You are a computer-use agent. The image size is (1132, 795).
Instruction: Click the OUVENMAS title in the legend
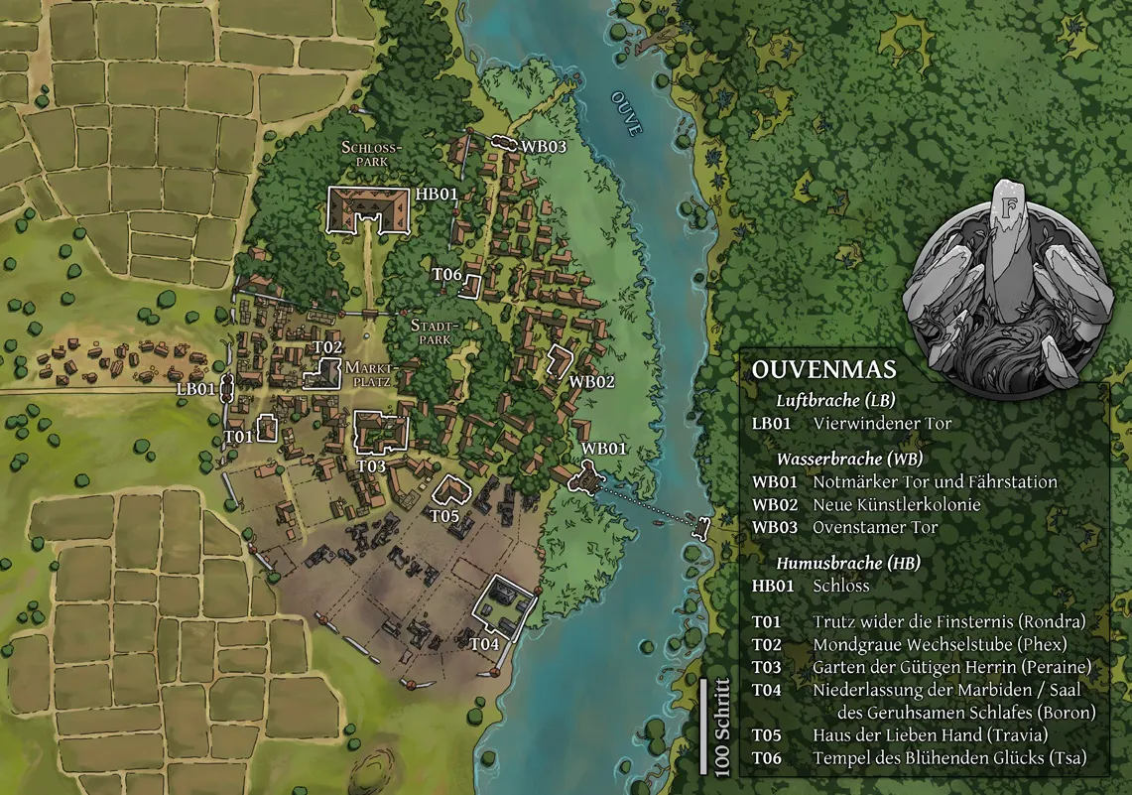point(823,369)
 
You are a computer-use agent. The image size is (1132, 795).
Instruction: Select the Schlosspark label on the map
point(370,152)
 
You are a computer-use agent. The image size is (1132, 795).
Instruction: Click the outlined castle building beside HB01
point(368,208)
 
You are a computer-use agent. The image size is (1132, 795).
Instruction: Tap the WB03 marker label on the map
point(544,146)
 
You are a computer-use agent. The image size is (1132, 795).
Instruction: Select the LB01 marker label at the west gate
point(197,389)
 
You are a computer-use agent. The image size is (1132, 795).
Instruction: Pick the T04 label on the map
point(484,644)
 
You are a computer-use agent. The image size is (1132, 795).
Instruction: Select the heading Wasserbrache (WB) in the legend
point(849,460)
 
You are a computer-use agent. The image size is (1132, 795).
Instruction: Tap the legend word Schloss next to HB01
point(840,586)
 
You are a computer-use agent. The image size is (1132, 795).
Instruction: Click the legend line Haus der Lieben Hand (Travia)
point(930,735)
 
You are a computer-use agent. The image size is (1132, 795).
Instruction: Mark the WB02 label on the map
point(592,381)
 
